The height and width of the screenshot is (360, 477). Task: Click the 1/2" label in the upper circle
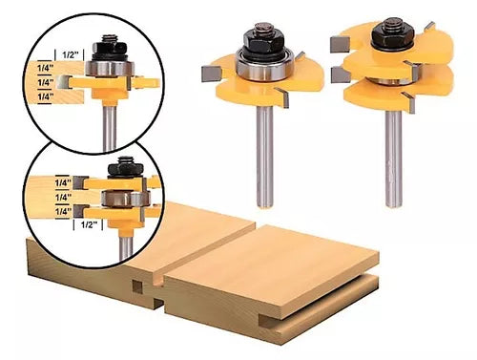coord(70,54)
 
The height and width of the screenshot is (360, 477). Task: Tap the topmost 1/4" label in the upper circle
coord(45,68)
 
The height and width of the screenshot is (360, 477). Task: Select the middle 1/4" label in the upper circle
coord(46,82)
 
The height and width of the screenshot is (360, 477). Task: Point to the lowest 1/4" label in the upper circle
coord(45,96)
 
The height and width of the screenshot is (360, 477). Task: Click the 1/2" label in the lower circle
coord(89,224)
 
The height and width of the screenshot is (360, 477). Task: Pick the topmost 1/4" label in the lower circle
coord(63,183)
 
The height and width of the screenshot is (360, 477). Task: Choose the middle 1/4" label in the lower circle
coord(63,198)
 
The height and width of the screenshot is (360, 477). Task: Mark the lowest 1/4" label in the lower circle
coord(63,212)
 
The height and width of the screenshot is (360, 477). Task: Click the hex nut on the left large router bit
coord(264,38)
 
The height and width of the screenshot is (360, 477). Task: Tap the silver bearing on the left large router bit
coord(262,66)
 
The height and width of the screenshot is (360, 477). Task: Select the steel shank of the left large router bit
coord(264,157)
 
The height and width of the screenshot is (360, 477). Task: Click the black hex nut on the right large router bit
coord(391,33)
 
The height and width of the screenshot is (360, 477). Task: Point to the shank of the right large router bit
coord(393,159)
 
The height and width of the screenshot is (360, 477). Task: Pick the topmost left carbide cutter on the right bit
coord(340,44)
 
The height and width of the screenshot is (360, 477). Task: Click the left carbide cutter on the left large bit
coord(211,74)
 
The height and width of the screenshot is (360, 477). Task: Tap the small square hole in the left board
coord(137,287)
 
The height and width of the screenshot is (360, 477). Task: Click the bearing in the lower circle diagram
coord(126,198)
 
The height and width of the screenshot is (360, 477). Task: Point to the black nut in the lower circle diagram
coord(124,169)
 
